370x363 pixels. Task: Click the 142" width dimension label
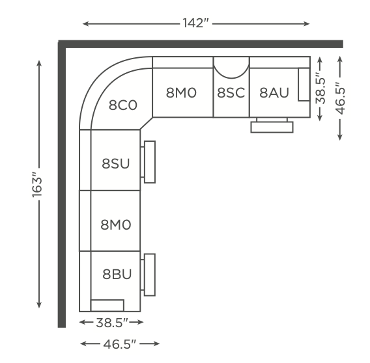(196, 23)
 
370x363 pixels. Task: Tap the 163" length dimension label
(37, 185)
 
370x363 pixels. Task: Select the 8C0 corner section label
(122, 105)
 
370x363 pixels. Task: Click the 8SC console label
(231, 92)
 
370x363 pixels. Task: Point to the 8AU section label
(274, 92)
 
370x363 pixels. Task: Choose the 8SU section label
(116, 163)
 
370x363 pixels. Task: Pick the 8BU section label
(117, 274)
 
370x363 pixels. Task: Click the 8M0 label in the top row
(181, 92)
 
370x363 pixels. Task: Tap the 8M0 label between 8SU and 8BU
(116, 224)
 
